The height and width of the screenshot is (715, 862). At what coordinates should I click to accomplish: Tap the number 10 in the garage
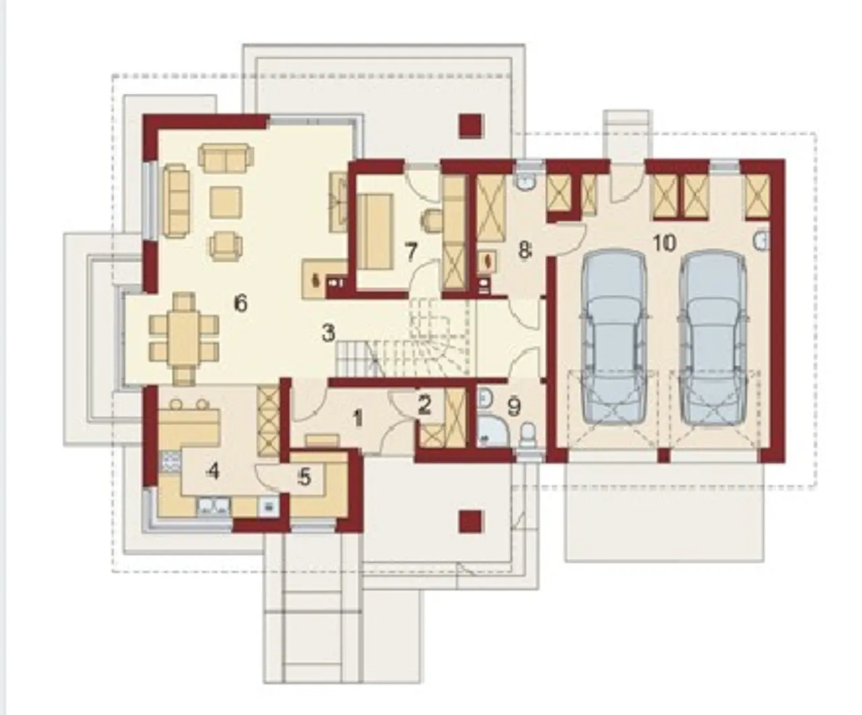tap(665, 242)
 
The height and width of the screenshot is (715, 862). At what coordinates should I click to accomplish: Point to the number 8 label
tap(525, 250)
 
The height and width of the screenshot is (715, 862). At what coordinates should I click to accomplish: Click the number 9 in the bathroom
tap(515, 407)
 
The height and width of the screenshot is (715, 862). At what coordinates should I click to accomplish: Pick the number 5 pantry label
tap(304, 478)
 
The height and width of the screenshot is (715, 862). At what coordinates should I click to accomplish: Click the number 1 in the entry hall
tap(358, 419)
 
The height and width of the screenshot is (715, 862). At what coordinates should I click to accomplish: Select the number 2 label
tap(424, 405)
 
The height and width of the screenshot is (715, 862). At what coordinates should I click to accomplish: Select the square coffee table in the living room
tap(226, 202)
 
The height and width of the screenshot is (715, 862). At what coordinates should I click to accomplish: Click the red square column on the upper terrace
tap(471, 126)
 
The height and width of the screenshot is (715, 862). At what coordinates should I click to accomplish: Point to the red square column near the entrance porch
tap(471, 522)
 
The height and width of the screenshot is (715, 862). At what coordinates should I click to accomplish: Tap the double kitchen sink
tap(213, 506)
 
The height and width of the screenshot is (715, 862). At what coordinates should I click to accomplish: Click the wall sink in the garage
tap(762, 242)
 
